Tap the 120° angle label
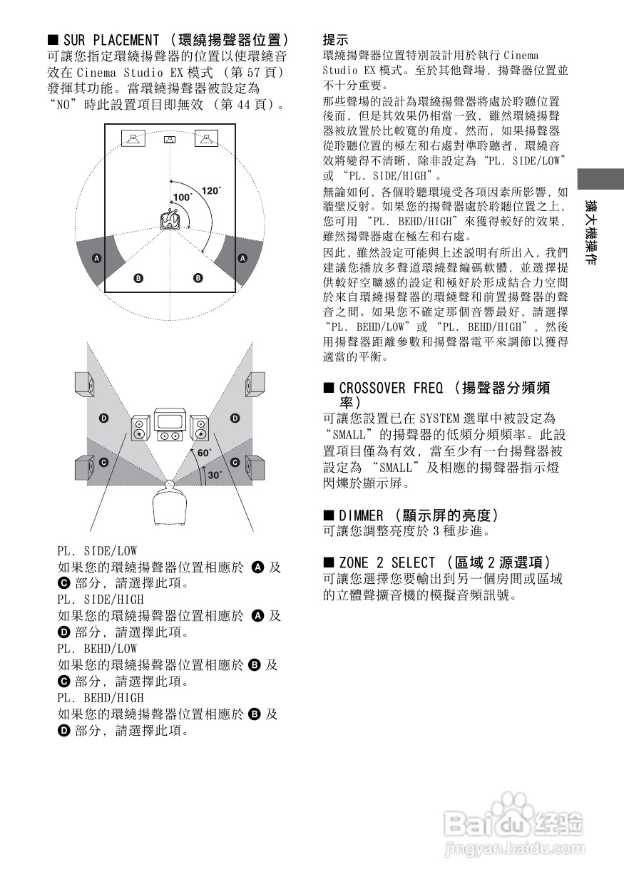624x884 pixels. point(212,190)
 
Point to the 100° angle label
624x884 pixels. point(183,197)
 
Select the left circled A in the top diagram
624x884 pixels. point(97,257)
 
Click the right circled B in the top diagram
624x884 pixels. point(198,277)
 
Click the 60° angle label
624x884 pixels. point(205,452)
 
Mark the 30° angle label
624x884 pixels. point(215,474)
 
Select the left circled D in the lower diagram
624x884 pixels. point(103,418)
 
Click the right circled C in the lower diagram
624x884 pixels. point(235,463)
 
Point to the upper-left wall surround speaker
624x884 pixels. point(85,385)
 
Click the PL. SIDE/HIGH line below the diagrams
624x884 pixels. point(101,600)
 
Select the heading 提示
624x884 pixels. point(336,40)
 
